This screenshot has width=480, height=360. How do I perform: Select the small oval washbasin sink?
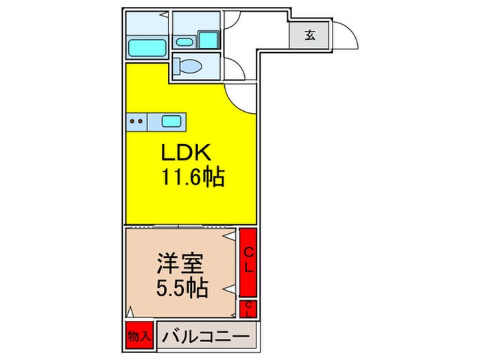click(184, 42)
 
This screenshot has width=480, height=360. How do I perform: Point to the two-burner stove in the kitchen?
click(137, 123)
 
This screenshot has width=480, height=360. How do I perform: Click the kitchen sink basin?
click(171, 123)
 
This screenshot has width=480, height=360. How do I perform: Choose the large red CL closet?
click(248, 261)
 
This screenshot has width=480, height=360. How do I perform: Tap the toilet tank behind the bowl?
click(177, 67)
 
